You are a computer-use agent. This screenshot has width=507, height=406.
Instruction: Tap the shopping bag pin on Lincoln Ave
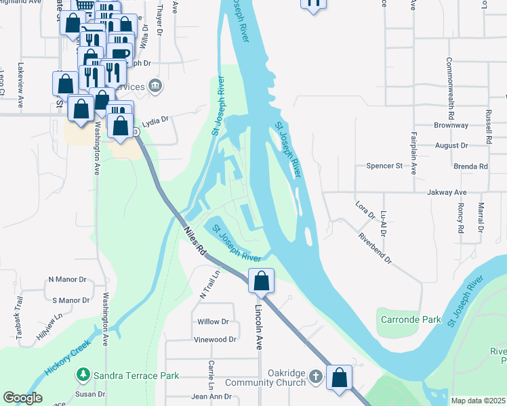[x=262, y=280]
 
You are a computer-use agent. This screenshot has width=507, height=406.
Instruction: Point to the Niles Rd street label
[x=195, y=241]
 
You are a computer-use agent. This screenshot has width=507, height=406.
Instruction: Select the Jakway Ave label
[x=447, y=193]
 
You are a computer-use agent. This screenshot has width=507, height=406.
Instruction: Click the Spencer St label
[x=384, y=166]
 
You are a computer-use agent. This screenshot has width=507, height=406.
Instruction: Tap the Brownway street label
[x=451, y=126]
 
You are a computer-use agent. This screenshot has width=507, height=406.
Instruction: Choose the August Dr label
[x=451, y=145]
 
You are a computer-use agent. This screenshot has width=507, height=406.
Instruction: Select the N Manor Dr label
[x=68, y=279]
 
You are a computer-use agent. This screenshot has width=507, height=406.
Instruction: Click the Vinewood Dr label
[x=215, y=340]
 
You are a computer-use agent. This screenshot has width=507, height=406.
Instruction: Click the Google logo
[x=22, y=398]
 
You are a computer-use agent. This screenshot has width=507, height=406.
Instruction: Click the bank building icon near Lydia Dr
[x=156, y=85]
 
